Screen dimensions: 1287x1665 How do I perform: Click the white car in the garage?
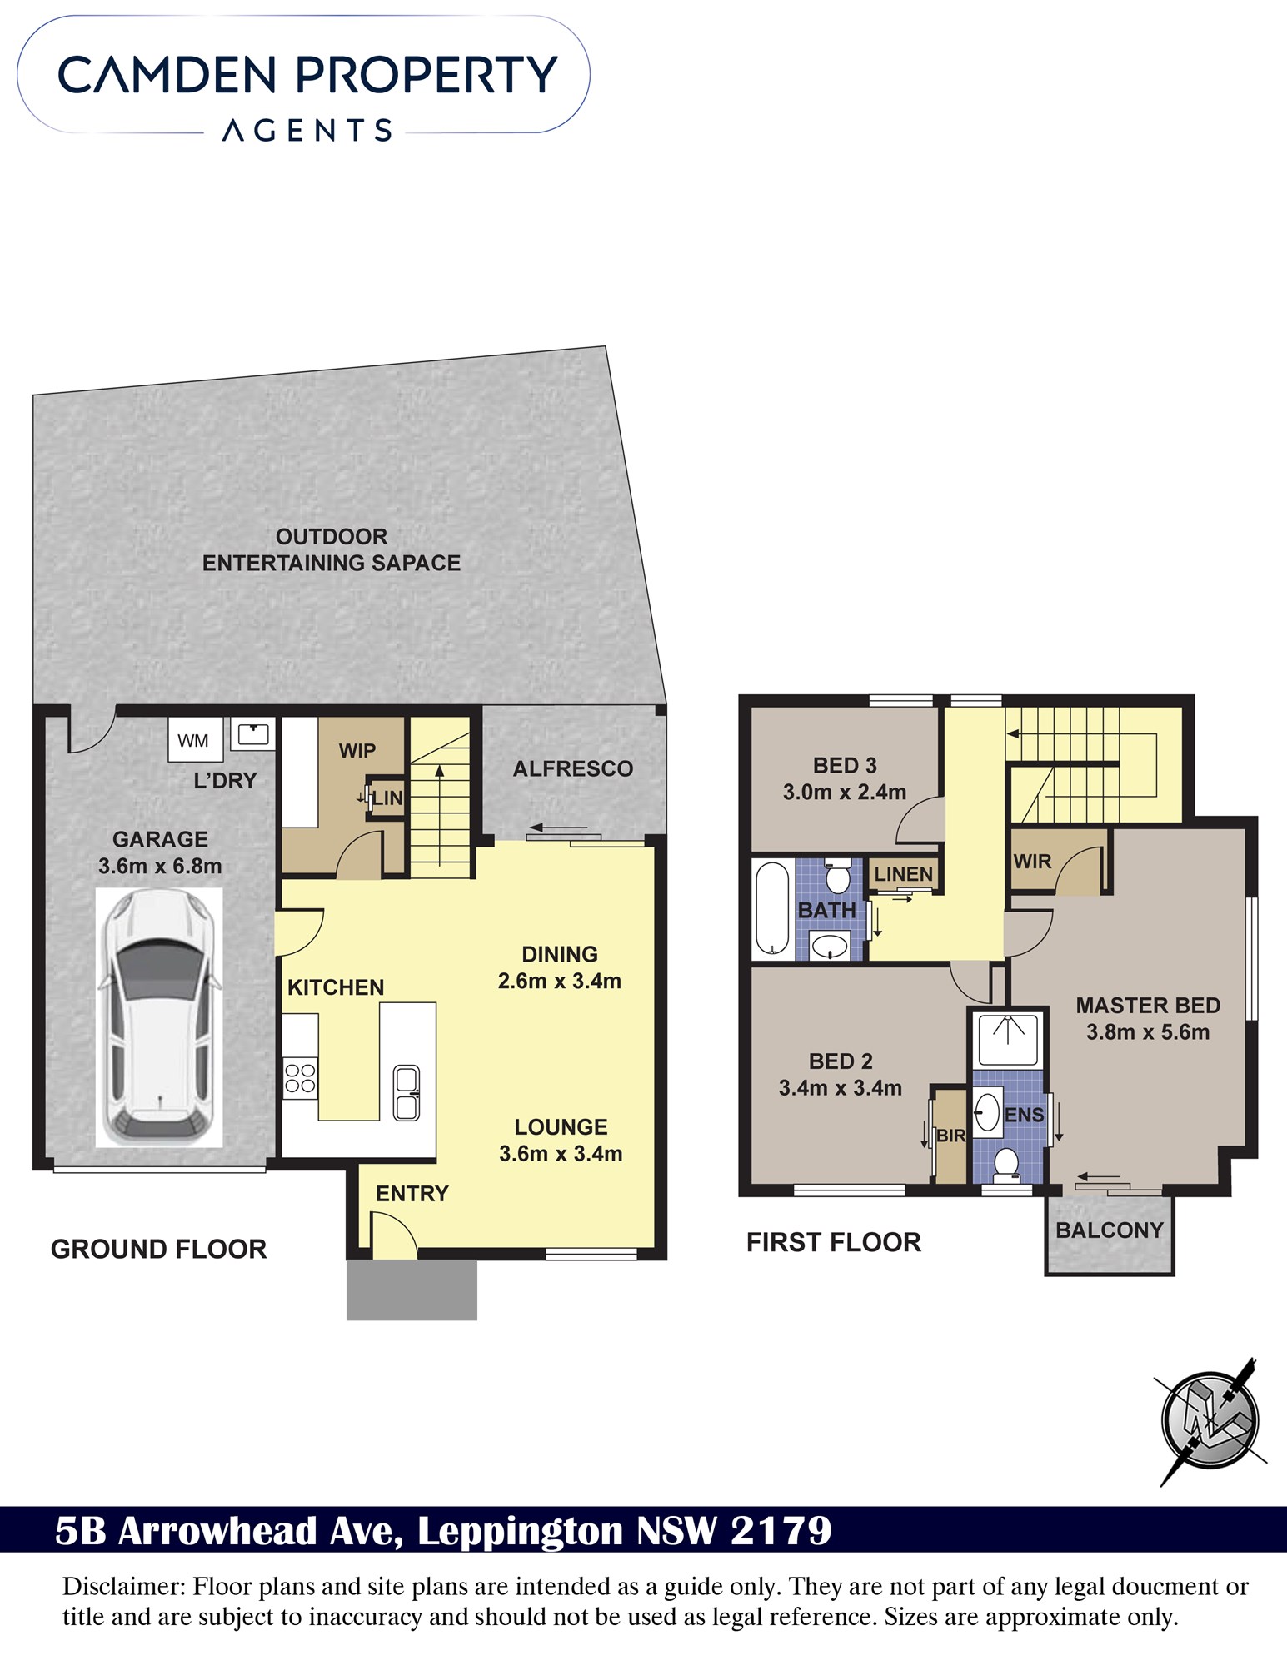pyautogui.click(x=159, y=1017)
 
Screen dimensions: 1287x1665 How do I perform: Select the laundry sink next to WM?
pyautogui.click(x=252, y=734)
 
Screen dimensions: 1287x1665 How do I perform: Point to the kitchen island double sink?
pyautogui.click(x=407, y=1093)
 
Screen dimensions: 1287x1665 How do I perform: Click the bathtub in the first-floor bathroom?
pyautogui.click(x=772, y=910)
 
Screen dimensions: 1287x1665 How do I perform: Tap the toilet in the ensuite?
pyautogui.click(x=1006, y=1165)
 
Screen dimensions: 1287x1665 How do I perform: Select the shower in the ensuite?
pyautogui.click(x=1008, y=1039)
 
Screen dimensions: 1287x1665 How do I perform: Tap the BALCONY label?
pyautogui.click(x=1109, y=1230)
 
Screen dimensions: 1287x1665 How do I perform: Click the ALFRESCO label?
pyautogui.click(x=573, y=768)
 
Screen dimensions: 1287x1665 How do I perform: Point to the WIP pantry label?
pyautogui.click(x=357, y=751)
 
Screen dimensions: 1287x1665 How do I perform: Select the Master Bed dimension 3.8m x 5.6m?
pyautogui.click(x=1148, y=1032)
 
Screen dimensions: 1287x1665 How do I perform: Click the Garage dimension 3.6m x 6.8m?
pyautogui.click(x=160, y=866)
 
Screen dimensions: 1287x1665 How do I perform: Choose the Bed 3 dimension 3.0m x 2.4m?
pyautogui.click(x=845, y=793)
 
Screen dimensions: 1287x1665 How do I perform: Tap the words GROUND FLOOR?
pyautogui.click(x=159, y=1249)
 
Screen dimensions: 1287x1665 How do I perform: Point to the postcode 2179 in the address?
pyautogui.click(x=781, y=1531)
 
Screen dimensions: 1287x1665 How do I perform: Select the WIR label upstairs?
pyautogui.click(x=1033, y=862)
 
